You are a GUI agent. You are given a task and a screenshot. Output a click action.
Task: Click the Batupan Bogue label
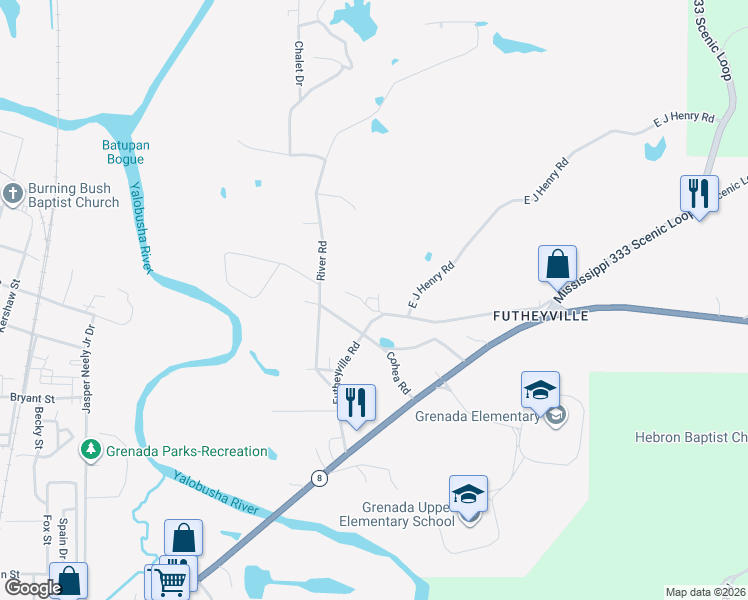pyautogui.click(x=126, y=152)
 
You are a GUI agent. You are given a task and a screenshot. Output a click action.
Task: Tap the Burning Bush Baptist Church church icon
pyautogui.click(x=13, y=194)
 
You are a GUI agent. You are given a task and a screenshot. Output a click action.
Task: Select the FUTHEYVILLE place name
pyautogui.click(x=541, y=314)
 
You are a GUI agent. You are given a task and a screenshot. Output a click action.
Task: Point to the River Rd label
pyautogui.click(x=323, y=260)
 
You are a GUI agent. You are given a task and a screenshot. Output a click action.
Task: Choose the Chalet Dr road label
pyautogui.click(x=298, y=63)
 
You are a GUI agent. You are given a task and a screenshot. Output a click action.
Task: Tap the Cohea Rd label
pyautogui.click(x=398, y=372)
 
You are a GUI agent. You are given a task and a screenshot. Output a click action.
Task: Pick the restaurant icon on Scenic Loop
pyautogui.click(x=699, y=193)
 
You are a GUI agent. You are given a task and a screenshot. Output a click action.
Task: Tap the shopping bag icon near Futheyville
pyautogui.click(x=557, y=264)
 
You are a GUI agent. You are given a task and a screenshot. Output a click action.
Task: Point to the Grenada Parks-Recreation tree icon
pyautogui.click(x=91, y=450)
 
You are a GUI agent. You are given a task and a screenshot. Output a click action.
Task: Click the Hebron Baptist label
pyautogui.click(x=691, y=437)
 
